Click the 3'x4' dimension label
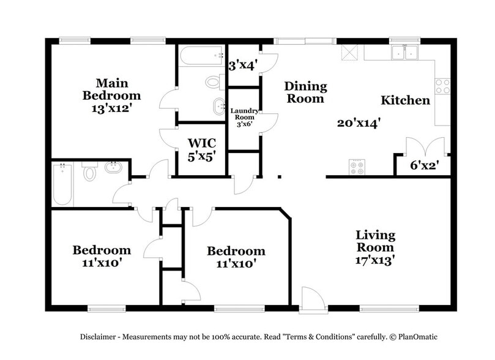(x=243, y=63)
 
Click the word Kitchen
(x=405, y=100)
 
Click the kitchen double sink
(x=404, y=53)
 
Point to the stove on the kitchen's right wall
(x=442, y=86)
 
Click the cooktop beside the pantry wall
(x=357, y=166)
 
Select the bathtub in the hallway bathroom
(x=62, y=184)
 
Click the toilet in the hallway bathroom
(x=90, y=173)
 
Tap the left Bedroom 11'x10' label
(x=102, y=256)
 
